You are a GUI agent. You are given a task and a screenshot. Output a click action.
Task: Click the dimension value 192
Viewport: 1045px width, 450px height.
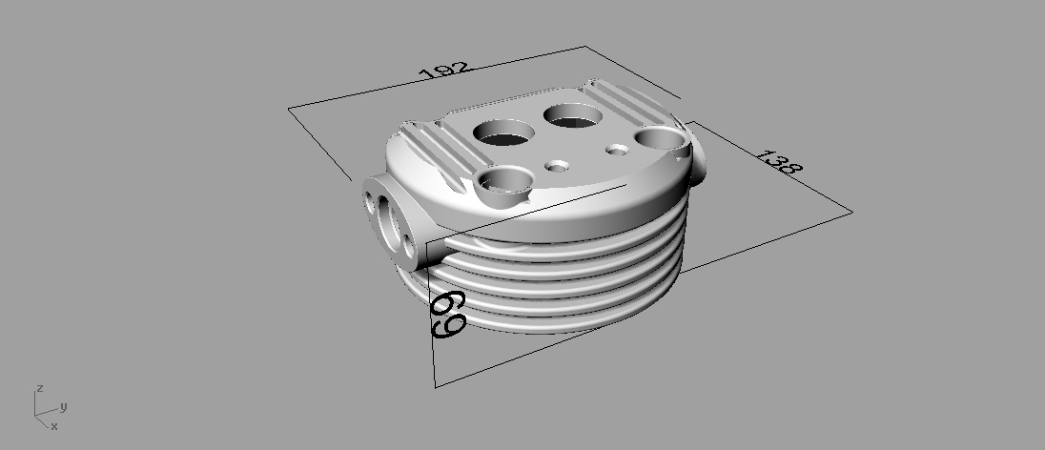444,70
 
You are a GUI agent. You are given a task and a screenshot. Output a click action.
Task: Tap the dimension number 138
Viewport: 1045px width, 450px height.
779,162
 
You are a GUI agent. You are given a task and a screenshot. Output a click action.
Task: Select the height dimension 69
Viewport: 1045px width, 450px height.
448,314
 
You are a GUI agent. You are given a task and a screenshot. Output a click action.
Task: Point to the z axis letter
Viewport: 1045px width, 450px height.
41,388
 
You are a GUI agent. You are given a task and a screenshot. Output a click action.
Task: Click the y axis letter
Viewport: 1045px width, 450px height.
63,406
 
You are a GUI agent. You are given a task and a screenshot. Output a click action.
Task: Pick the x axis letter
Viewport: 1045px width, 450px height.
54,426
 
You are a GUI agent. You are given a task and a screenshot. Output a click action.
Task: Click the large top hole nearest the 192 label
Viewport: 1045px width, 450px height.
573,114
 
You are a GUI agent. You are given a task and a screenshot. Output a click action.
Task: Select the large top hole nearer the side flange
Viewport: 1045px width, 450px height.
503,132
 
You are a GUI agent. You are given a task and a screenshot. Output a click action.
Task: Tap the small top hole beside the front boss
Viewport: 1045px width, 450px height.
557,165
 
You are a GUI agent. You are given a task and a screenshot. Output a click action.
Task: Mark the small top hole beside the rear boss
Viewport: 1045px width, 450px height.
619,150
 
